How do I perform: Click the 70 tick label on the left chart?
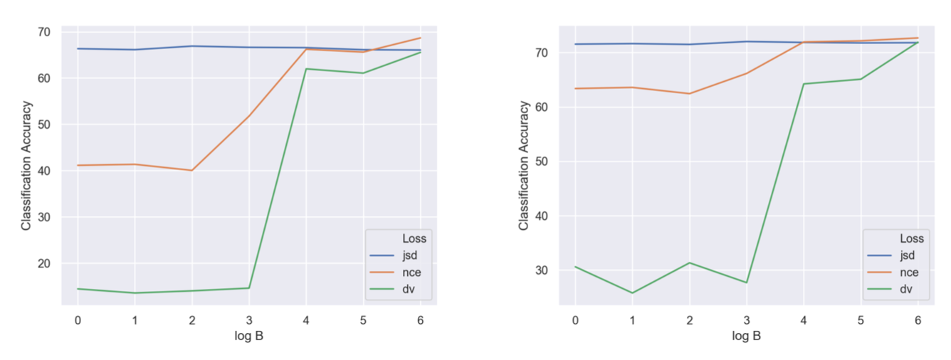pyautogui.click(x=43, y=31)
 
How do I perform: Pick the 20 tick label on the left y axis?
pyautogui.click(x=43, y=263)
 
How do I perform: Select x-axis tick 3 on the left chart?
pyautogui.click(x=249, y=320)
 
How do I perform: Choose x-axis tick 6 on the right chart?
pyautogui.click(x=918, y=320)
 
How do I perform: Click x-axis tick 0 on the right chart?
pyautogui.click(x=575, y=320)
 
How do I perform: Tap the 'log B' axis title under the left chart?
pyautogui.click(x=249, y=336)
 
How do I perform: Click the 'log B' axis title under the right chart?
pyautogui.click(x=747, y=336)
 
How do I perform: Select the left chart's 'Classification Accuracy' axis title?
pyautogui.click(x=26, y=165)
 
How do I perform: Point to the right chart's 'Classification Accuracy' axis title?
pyautogui.click(x=525, y=165)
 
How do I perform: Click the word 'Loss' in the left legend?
pyautogui.click(x=413, y=238)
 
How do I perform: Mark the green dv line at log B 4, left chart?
pyautogui.click(x=306, y=69)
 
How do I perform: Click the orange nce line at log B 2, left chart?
pyautogui.click(x=191, y=171)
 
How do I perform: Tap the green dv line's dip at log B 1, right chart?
pyautogui.click(x=632, y=293)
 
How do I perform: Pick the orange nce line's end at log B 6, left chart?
pyautogui.click(x=420, y=38)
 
